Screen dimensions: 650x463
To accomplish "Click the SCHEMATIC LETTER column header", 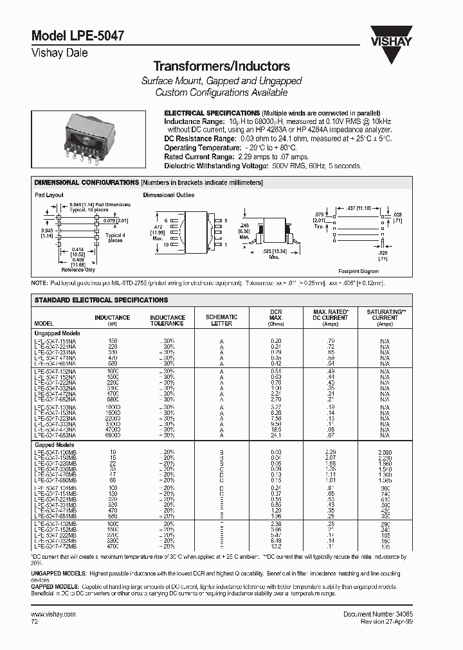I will click(x=221, y=320).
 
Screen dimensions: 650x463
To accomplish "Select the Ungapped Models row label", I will click(x=57, y=333).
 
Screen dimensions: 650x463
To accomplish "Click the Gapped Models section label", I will click(x=53, y=444).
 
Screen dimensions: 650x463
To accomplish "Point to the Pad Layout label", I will click(x=48, y=194).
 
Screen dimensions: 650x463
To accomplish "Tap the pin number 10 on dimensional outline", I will click(x=166, y=245).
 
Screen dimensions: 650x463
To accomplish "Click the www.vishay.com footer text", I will click(x=53, y=614).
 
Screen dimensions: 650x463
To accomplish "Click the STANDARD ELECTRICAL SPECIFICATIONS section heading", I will click(x=100, y=300).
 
